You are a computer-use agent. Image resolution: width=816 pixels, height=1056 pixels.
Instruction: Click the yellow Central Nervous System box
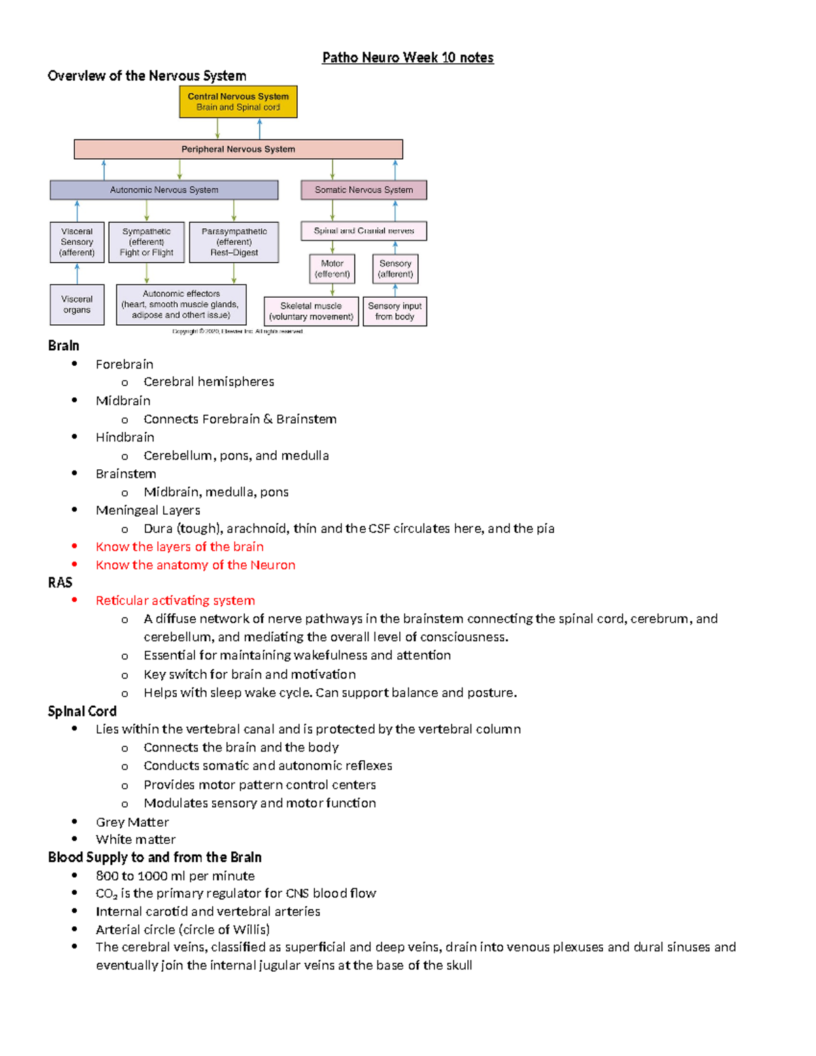[x=238, y=102]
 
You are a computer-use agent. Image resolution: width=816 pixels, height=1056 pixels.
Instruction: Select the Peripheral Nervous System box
[x=238, y=149]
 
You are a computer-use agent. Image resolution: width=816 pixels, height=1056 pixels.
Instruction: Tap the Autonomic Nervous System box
[x=164, y=190]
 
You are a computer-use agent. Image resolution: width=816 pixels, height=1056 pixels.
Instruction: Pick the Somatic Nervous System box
[x=364, y=190]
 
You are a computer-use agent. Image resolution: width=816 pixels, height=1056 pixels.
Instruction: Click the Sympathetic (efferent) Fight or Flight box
[x=146, y=242]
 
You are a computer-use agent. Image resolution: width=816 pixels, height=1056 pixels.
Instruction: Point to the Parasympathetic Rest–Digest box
[x=234, y=242]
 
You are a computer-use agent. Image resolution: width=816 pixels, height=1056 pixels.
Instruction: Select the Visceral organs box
[x=77, y=305]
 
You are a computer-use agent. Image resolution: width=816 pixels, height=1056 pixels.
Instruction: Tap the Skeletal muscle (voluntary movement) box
[x=311, y=311]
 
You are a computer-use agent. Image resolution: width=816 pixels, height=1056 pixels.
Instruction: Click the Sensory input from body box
[x=394, y=311]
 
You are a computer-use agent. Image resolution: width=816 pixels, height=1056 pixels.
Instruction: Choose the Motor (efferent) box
[x=332, y=269]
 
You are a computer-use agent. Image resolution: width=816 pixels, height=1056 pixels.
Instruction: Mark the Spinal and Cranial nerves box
[x=364, y=231]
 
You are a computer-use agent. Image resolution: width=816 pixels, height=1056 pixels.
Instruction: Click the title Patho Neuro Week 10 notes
[x=408, y=58]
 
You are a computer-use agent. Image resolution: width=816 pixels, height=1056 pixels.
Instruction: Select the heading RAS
[x=60, y=583]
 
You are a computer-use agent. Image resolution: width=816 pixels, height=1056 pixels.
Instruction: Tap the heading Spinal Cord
[x=82, y=711]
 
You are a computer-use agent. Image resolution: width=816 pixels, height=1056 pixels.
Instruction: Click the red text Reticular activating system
[x=175, y=600]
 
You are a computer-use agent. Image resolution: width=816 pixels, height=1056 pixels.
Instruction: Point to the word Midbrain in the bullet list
[x=123, y=401]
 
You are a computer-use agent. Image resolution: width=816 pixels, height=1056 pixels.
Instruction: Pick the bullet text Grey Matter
[x=132, y=822]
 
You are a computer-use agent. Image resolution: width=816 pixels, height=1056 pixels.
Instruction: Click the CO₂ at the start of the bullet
[x=106, y=893]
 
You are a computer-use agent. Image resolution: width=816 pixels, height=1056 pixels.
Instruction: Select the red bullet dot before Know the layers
[x=74, y=546]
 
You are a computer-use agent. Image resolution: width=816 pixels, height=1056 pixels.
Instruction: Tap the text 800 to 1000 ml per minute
[x=175, y=876]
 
